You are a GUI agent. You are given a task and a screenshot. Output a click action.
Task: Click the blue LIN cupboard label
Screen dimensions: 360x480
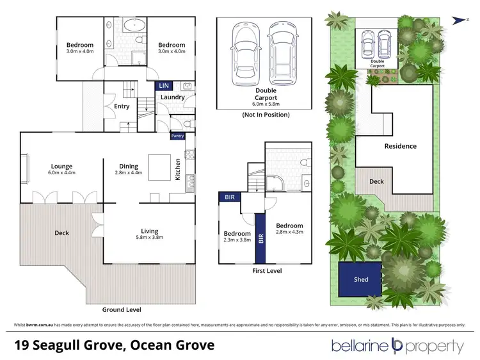pos(163,85)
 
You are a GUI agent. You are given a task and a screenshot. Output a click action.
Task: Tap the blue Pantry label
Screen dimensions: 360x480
pos(177,136)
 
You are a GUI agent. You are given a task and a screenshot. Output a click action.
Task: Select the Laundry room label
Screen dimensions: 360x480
pos(173,97)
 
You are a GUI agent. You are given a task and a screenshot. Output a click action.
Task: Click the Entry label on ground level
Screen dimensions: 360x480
pos(122,107)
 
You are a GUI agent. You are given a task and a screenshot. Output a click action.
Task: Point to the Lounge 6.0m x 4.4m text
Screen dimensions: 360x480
pos(62,170)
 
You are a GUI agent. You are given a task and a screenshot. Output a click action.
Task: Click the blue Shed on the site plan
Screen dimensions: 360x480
pos(361,279)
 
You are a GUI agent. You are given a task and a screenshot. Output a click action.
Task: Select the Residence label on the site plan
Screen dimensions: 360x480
pos(400,146)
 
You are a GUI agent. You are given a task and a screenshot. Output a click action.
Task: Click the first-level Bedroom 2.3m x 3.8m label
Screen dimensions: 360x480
pos(237,238)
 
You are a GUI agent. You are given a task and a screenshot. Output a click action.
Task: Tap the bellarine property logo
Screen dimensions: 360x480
pos(397,347)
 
